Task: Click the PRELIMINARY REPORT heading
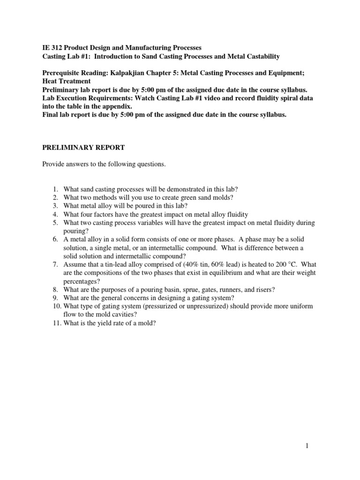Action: (x=83, y=147)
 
